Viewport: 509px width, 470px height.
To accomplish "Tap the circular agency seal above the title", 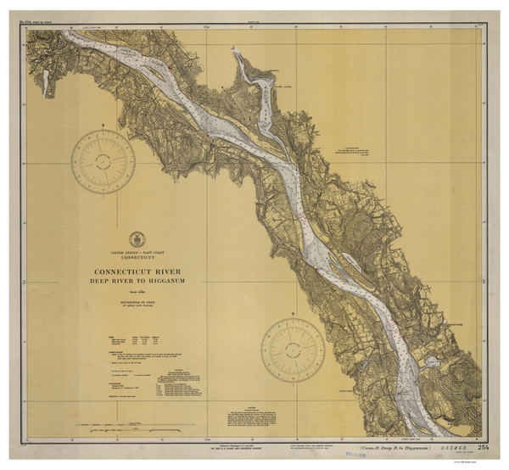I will click(x=137, y=239).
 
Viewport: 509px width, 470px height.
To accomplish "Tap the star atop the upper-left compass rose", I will click(x=103, y=126).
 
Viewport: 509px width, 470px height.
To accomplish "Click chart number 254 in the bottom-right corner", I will click(x=483, y=446).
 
